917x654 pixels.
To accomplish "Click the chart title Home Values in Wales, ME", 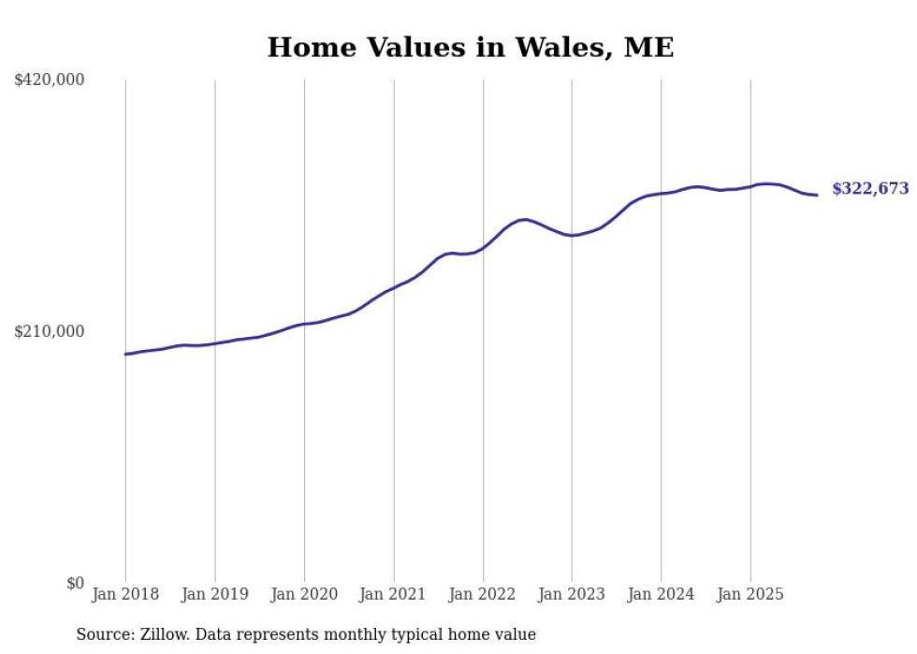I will click(x=471, y=48).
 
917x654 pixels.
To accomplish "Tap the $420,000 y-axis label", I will click(x=50, y=80).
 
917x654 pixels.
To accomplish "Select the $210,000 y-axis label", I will click(x=50, y=331).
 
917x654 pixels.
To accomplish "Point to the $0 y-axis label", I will click(x=75, y=583).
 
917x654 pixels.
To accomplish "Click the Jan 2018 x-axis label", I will click(x=125, y=594).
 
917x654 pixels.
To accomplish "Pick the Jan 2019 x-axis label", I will click(x=214, y=594).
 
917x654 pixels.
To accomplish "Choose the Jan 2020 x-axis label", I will click(x=304, y=594).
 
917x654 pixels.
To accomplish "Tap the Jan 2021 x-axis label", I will click(x=393, y=594).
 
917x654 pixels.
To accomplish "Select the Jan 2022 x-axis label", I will click(x=483, y=594).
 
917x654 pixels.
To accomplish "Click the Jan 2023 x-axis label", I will click(x=572, y=594).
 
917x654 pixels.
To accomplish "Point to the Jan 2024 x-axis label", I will click(x=662, y=594).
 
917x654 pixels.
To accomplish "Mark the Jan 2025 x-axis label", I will click(x=750, y=594).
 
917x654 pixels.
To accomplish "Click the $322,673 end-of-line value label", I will click(x=870, y=189).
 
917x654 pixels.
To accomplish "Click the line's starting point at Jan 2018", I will click(x=125, y=354).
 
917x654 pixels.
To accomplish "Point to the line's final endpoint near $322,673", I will click(x=818, y=195).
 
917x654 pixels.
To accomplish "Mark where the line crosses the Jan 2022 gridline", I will click(x=483, y=248).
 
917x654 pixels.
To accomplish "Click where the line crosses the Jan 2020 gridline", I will click(x=304, y=324).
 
